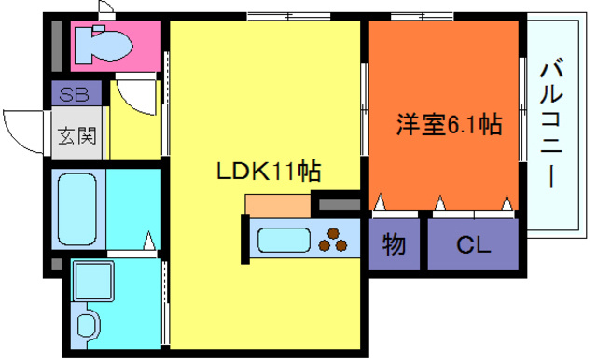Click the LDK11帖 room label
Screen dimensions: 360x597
(270, 172)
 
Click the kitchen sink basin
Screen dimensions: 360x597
(284, 241)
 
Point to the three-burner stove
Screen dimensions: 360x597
(333, 240)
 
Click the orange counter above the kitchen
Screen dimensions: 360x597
(277, 205)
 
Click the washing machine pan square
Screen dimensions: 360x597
(92, 281)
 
